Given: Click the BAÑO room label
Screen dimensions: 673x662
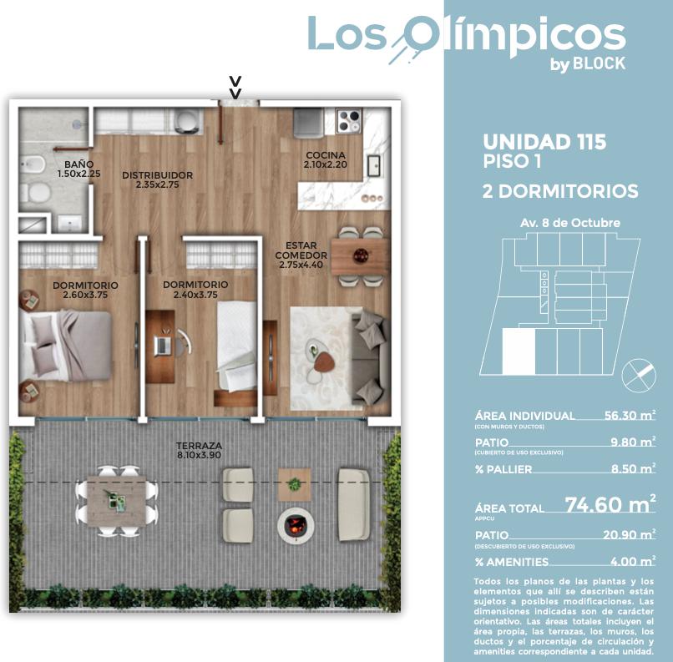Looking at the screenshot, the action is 79,164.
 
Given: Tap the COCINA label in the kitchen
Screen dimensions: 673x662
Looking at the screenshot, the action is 326,155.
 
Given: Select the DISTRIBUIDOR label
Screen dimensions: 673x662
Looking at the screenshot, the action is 158,175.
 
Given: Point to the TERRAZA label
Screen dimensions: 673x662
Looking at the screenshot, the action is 200,446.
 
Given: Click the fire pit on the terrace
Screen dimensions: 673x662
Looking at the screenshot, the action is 296,525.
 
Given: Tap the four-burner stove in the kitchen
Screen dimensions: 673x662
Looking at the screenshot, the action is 348,121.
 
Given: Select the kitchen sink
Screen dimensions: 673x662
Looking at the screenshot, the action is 374,165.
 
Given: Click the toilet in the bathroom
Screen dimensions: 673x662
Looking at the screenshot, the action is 35,193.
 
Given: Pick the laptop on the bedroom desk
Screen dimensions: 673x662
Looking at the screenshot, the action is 162,346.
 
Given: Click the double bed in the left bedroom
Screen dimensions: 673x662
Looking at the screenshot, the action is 66,346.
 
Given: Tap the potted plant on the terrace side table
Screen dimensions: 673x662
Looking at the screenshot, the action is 295,484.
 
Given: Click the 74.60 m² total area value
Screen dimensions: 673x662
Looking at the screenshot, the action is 610,504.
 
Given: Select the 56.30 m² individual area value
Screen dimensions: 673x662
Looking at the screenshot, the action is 630,415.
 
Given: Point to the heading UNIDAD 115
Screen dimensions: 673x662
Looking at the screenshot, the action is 544,142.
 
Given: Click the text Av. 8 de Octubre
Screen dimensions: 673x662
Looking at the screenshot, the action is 570,223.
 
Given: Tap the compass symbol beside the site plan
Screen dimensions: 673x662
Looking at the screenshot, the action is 639,375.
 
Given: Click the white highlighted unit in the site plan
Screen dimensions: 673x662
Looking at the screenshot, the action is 519,351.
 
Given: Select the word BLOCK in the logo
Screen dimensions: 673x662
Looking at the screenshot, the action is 600,63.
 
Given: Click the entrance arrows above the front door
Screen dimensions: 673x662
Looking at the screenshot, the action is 235,87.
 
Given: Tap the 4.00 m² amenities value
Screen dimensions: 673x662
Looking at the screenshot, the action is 633,561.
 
